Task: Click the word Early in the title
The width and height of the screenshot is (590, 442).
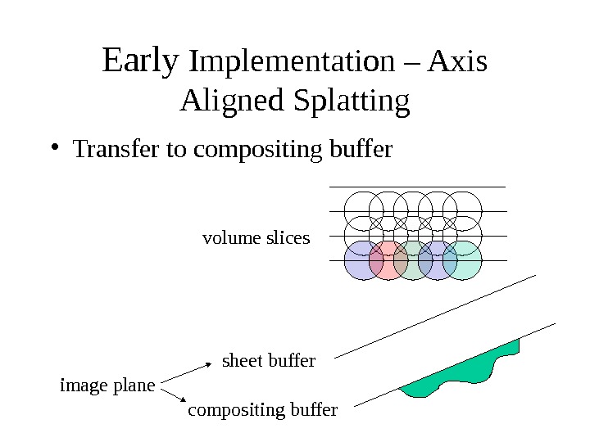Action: coord(140,61)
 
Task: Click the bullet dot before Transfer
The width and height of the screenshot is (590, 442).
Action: coord(54,149)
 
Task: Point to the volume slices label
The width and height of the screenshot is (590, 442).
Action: coord(256,238)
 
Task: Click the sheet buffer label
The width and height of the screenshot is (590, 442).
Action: coord(269,360)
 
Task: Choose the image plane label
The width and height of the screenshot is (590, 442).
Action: coord(107,384)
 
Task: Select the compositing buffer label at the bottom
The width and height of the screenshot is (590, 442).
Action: coord(262,409)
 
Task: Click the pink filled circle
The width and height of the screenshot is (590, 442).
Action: coord(388,261)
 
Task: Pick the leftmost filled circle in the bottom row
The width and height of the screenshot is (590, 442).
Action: coord(361,261)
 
